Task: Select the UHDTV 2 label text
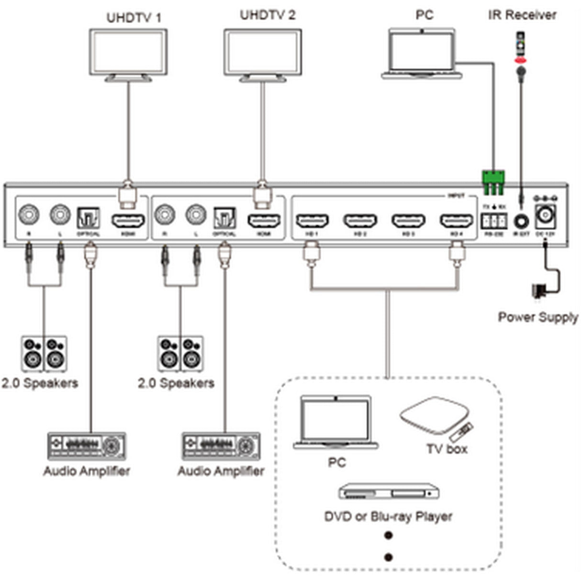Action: pyautogui.click(x=268, y=15)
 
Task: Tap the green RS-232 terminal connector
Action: pyautogui.click(x=492, y=182)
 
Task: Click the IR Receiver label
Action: pyautogui.click(x=522, y=15)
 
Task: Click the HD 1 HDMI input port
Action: pyautogui.click(x=312, y=221)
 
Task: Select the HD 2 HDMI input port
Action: pyautogui.click(x=360, y=221)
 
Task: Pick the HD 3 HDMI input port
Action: pyautogui.click(x=408, y=221)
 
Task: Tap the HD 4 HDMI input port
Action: pyautogui.click(x=457, y=221)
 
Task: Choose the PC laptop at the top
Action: pyautogui.click(x=422, y=53)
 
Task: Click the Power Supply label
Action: pyautogui.click(x=538, y=317)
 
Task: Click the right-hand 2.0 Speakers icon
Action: pyautogui.click(x=180, y=354)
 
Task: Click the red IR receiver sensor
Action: pyautogui.click(x=520, y=60)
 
